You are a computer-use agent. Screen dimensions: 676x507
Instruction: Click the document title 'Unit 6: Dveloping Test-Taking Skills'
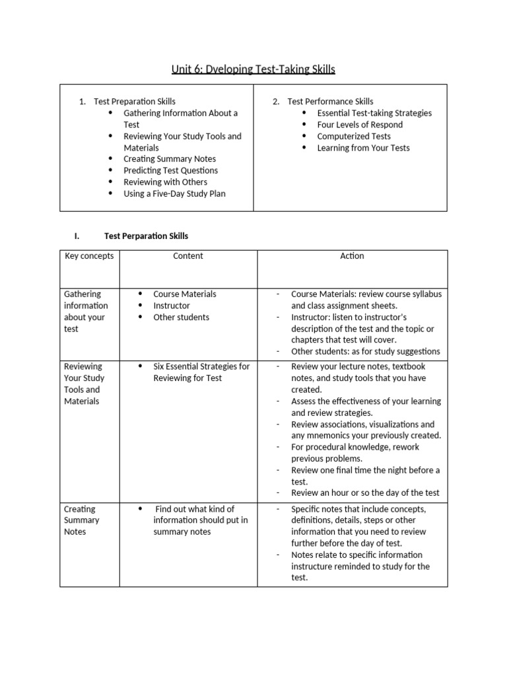coord(253,69)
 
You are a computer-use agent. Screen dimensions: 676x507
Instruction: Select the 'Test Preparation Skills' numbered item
coord(135,102)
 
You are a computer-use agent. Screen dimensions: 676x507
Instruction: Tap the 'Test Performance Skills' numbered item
coord(330,102)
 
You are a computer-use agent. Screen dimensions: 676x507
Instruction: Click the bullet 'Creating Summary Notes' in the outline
coord(170,159)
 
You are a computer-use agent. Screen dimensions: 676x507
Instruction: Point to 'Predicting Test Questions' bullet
coord(170,170)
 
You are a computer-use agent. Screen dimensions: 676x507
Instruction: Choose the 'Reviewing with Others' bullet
coord(165,182)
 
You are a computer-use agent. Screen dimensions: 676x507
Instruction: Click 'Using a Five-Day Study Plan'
coord(174,194)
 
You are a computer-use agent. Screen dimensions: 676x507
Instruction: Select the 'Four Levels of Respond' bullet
coord(360,125)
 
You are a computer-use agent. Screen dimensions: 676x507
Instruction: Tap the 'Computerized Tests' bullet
coord(354,137)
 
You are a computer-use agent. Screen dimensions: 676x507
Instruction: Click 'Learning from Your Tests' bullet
coord(363,148)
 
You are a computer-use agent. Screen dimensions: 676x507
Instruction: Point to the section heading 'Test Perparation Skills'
coord(146,236)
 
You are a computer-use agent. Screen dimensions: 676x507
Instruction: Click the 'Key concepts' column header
coord(89,256)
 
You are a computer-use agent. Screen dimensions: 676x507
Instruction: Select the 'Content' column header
coord(188,256)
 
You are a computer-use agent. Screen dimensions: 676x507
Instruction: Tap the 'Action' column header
coord(352,256)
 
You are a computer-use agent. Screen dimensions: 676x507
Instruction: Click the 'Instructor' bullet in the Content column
coord(171,306)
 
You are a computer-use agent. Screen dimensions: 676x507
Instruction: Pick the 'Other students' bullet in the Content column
coord(181,318)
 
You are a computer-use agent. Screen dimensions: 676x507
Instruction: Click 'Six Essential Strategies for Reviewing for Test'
coord(201,372)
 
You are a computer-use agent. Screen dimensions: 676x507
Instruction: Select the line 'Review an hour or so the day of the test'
coord(365,492)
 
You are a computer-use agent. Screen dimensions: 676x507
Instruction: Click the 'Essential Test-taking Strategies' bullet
coord(374,113)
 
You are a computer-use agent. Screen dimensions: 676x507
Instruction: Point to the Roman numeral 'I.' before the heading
coord(77,236)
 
